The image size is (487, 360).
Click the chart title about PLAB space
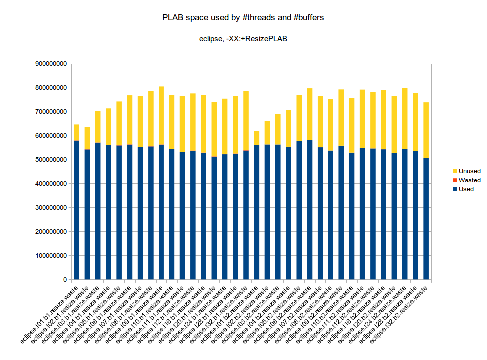pos(243,18)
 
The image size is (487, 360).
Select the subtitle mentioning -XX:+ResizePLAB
pos(243,38)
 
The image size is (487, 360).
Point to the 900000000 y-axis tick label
pos(49,64)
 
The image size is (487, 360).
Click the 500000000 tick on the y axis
pos(49,160)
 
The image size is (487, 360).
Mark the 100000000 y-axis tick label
pos(49,256)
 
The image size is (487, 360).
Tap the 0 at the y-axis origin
pos(65,280)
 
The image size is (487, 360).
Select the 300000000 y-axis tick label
pos(49,208)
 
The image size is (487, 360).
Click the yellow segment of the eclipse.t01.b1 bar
pos(77,132)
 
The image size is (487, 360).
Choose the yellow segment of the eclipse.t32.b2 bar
pos(426,130)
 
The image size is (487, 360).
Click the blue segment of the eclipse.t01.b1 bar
pos(77,209)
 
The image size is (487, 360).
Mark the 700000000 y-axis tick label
pos(49,112)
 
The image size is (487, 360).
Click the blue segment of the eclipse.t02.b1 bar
pos(87,214)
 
